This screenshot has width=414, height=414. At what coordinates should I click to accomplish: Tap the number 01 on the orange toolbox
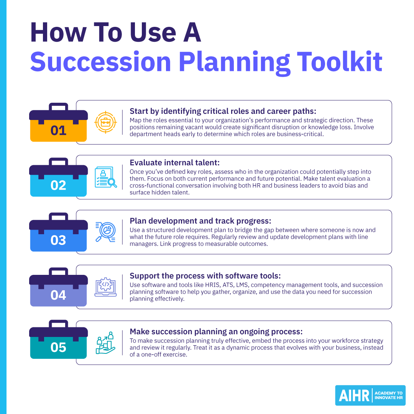tap(58, 131)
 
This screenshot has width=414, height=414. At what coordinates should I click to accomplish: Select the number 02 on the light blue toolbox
tap(58, 186)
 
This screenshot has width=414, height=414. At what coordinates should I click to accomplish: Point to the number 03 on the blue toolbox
tap(58, 240)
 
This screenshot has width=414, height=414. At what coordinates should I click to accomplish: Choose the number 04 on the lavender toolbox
tap(58, 295)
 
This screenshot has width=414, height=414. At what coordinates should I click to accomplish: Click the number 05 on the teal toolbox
tap(58, 347)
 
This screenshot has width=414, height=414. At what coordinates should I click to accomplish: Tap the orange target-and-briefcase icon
tap(105, 122)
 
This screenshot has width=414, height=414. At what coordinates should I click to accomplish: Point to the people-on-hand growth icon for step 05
tap(105, 342)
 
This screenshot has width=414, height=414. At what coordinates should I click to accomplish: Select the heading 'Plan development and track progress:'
tap(200, 221)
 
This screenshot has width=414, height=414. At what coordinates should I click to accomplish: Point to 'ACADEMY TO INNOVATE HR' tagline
tap(388, 396)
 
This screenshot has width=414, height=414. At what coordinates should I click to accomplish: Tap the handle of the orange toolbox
tap(58, 106)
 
